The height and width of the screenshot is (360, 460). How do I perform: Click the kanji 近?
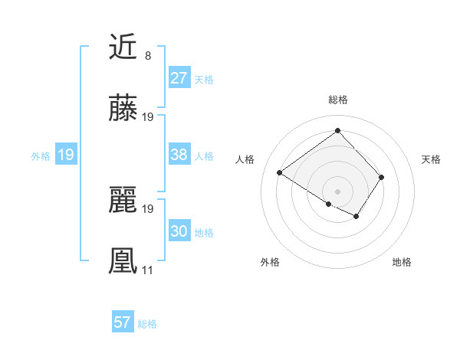point(123,47)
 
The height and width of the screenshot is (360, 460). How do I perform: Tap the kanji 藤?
point(123,110)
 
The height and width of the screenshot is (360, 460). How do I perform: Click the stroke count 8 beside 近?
point(147,56)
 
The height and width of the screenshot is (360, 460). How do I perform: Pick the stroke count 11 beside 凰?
point(148,270)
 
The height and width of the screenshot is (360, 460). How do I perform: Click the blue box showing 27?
point(179,78)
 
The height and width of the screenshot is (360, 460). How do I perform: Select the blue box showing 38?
point(179,155)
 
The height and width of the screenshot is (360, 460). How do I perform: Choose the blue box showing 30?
point(179,231)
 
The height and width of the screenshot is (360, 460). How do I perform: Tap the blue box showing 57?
point(123,322)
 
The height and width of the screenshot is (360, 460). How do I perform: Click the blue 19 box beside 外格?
point(66,155)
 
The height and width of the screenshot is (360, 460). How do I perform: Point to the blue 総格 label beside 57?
point(147,324)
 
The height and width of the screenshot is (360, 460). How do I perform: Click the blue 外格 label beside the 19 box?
point(41,155)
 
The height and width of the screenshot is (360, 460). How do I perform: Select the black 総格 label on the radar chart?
point(338,100)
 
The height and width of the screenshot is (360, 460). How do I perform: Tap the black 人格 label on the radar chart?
point(245,159)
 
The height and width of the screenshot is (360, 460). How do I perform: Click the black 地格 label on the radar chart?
point(402,263)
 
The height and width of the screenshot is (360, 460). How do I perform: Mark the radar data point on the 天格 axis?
point(382,177)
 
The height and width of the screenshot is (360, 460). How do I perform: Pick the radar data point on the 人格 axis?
point(280,172)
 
